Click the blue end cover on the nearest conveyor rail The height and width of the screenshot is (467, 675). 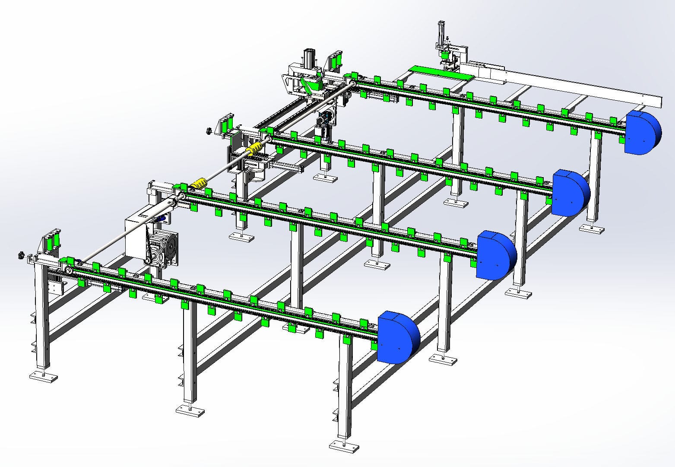[x=397, y=337]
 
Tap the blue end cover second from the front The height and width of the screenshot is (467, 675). [x=495, y=255]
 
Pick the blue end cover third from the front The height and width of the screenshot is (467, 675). [x=570, y=193]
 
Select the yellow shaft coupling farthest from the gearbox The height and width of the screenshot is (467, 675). [x=254, y=149]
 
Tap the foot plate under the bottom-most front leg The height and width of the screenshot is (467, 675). [x=344, y=446]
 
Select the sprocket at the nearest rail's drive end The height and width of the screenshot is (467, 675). [x=68, y=271]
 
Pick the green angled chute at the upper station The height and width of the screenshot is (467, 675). [x=310, y=84]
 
